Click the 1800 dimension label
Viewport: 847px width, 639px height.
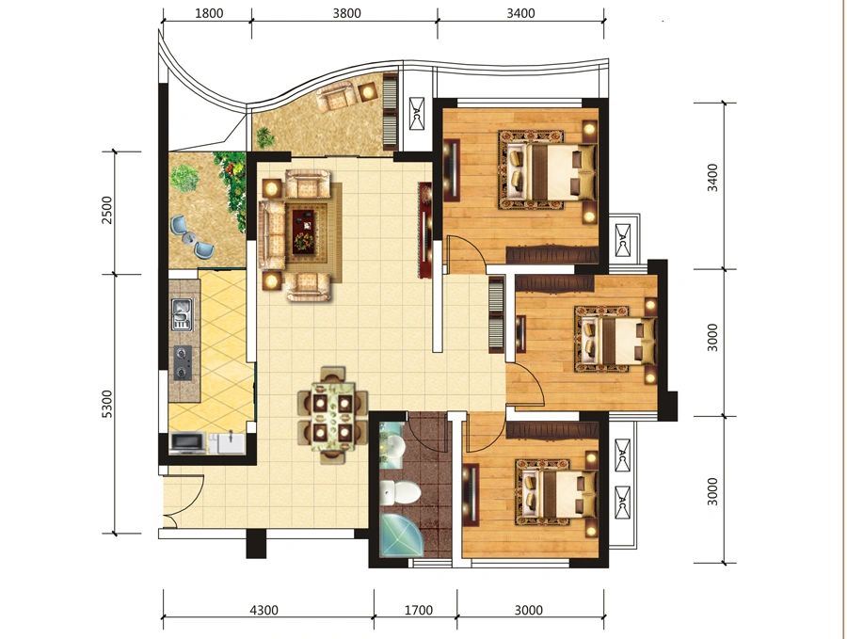pyautogui.click(x=209, y=13)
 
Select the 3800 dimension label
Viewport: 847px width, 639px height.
pyautogui.click(x=346, y=13)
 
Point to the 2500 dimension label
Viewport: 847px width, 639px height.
pyautogui.click(x=107, y=210)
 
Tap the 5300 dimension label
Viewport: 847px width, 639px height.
pyautogui.click(x=107, y=404)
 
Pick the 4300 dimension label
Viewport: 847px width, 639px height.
pyautogui.click(x=264, y=611)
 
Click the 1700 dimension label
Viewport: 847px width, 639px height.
pyautogui.click(x=419, y=611)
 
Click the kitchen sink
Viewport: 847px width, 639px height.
pyautogui.click(x=182, y=313)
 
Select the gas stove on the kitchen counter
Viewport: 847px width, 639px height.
pyautogui.click(x=183, y=362)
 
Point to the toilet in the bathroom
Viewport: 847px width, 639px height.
pyautogui.click(x=399, y=492)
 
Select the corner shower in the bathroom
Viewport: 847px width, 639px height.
pyautogui.click(x=400, y=535)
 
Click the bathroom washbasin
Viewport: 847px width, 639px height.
pyautogui.click(x=393, y=447)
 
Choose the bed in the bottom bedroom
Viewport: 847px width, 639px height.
pyautogui.click(x=557, y=492)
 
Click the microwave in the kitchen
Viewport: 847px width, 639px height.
pyautogui.click(x=187, y=442)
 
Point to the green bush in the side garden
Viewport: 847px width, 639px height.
pyautogui.click(x=184, y=178)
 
